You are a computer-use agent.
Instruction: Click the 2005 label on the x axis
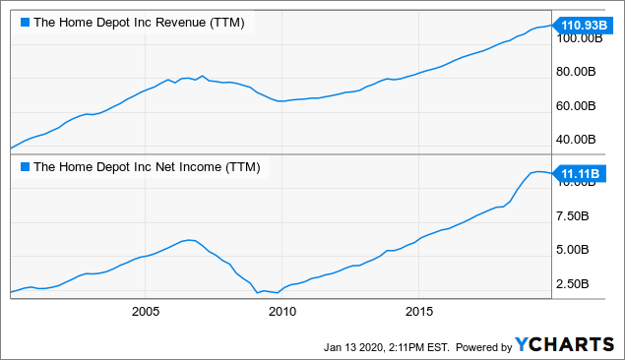pyautogui.click(x=145, y=312)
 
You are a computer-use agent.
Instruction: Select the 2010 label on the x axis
pyautogui.click(x=281, y=312)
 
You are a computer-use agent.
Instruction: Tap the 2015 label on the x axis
pyautogui.click(x=418, y=312)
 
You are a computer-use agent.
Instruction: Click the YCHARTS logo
pyautogui.click(x=569, y=345)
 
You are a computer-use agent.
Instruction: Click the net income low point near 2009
pyautogui.click(x=257, y=292)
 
